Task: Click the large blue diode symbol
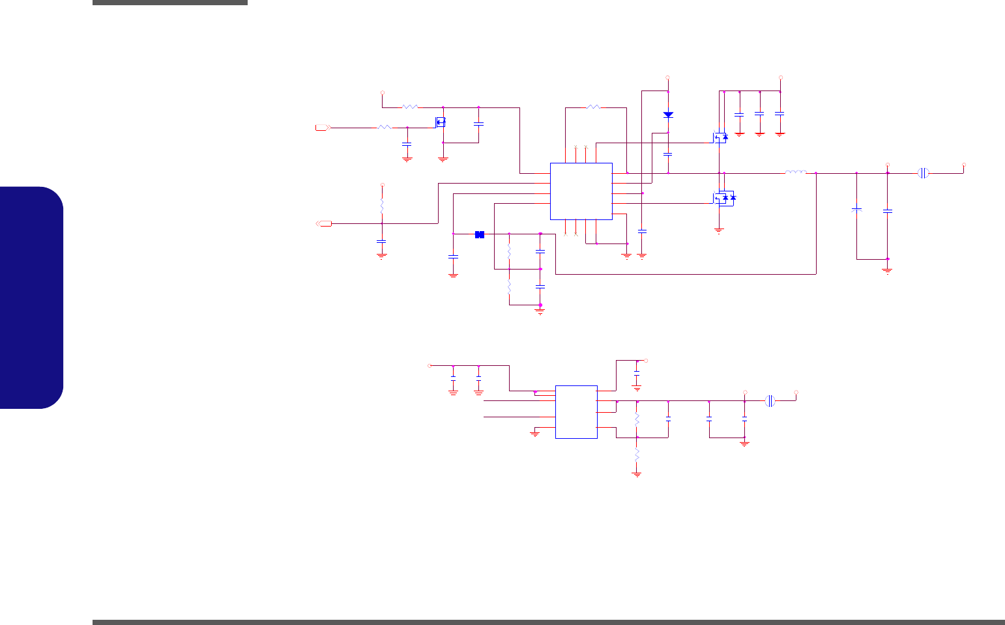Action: click(668, 115)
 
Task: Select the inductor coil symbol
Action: click(796, 173)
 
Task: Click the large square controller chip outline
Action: click(581, 191)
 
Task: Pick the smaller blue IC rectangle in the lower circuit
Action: click(576, 411)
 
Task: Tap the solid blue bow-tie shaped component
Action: click(480, 234)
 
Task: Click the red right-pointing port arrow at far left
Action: click(322, 128)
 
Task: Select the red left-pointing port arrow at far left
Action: click(324, 224)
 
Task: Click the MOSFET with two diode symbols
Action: click(723, 198)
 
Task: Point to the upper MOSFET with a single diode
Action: click(720, 137)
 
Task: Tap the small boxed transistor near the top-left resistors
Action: click(441, 122)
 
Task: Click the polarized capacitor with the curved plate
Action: click(857, 210)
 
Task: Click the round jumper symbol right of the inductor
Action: click(923, 173)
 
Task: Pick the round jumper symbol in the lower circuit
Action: click(770, 400)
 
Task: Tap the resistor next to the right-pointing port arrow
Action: click(385, 128)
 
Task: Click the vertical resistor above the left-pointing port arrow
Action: click(382, 206)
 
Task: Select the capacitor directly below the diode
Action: click(668, 154)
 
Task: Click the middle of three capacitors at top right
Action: click(759, 114)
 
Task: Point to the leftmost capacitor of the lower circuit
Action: click(453, 378)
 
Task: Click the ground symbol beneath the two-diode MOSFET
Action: click(719, 229)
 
